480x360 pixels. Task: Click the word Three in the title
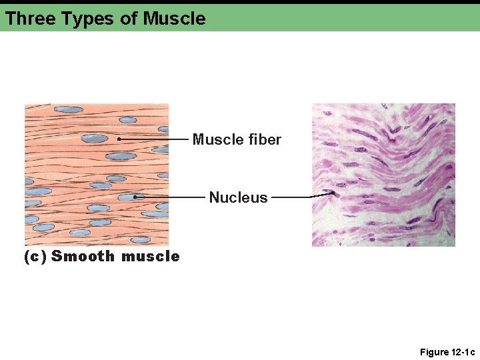click(x=30, y=18)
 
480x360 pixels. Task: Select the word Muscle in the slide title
click(x=174, y=18)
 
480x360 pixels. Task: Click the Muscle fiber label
click(x=237, y=139)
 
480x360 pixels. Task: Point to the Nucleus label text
click(x=238, y=197)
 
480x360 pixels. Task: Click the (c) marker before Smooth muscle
click(x=35, y=256)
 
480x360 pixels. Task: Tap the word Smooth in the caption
click(x=83, y=256)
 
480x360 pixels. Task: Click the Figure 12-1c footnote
click(x=447, y=352)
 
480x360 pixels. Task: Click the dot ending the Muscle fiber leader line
click(x=118, y=139)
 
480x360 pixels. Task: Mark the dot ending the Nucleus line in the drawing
click(x=135, y=197)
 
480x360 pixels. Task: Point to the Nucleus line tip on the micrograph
click(x=333, y=193)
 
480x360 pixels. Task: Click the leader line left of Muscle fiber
click(x=153, y=139)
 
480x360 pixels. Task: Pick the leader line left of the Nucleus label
click(x=170, y=197)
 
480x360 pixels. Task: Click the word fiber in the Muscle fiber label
click(x=265, y=139)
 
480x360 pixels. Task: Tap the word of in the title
click(x=128, y=18)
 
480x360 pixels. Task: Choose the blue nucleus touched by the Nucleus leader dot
click(x=127, y=197)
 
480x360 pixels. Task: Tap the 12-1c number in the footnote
click(x=461, y=352)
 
